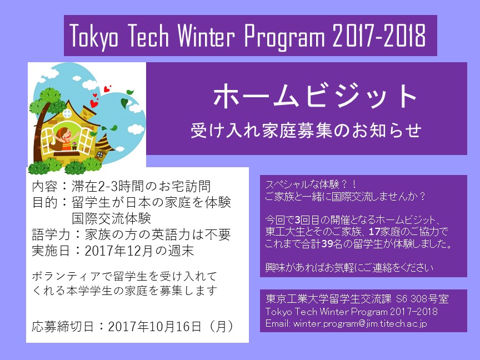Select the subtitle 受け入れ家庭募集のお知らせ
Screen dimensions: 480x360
coord(306,131)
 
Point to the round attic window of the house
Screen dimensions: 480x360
coord(67,114)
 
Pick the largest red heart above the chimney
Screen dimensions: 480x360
coord(94,103)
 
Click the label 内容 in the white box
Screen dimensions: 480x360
coord(44,186)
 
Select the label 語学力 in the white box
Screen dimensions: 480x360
coord(51,235)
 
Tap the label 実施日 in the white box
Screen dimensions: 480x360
coord(51,251)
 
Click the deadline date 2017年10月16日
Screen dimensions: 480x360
coord(154,326)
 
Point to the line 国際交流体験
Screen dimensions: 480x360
coord(112,218)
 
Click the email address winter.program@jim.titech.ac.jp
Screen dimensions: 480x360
coord(360,323)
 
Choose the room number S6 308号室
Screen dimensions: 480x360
coord(422,299)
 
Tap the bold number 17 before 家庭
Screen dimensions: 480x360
coord(374,232)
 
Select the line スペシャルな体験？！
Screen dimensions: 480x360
coord(311,184)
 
